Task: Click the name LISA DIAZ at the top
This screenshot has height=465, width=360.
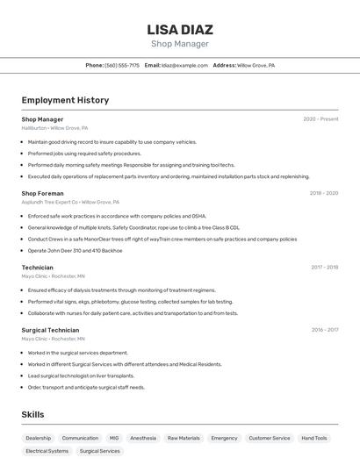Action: pyautogui.click(x=180, y=29)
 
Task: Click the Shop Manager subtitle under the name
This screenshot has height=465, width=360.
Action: pyautogui.click(x=180, y=44)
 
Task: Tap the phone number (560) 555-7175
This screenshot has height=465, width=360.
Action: pyautogui.click(x=122, y=65)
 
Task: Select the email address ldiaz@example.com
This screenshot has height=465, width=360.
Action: pyautogui.click(x=184, y=65)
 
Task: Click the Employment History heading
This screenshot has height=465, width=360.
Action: pyautogui.click(x=65, y=100)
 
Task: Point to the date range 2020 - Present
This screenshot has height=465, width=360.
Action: pyautogui.click(x=320, y=119)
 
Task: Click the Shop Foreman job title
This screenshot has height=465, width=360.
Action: pyautogui.click(x=42, y=193)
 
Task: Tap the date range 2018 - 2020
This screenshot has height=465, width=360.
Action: pyautogui.click(x=323, y=193)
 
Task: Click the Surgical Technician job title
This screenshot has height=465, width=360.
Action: pyautogui.click(x=50, y=330)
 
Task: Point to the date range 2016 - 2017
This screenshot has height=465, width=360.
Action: pyautogui.click(x=325, y=330)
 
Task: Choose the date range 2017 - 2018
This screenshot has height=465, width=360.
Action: pyautogui.click(x=324, y=267)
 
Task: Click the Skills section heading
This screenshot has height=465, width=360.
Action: pyautogui.click(x=32, y=414)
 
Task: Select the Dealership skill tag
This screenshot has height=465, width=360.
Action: pyautogui.click(x=38, y=438)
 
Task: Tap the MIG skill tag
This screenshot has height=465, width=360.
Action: pyautogui.click(x=114, y=438)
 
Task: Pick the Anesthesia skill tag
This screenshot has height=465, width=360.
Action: pyautogui.click(x=143, y=438)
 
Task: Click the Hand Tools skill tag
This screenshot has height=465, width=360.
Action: pyautogui.click(x=313, y=438)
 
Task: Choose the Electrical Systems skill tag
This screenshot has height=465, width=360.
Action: pyautogui.click(x=47, y=451)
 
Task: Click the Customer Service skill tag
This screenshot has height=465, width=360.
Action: pyautogui.click(x=269, y=438)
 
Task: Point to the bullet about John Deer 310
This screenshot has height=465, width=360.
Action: pyautogui.click(x=75, y=250)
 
